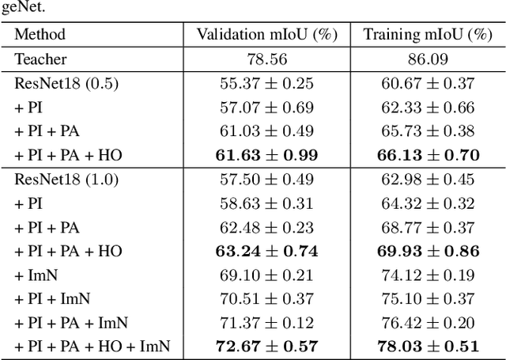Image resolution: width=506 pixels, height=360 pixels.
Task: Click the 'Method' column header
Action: pos(40,34)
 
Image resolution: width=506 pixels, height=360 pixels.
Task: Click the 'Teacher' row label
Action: pos(40,59)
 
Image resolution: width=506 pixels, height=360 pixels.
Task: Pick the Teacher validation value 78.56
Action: pos(266,59)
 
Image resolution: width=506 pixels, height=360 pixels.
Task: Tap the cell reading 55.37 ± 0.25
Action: pos(266,83)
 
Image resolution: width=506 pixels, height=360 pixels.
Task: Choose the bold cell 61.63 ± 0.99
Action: pos(266,155)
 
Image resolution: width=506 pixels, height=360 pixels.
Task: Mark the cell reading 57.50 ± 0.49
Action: pos(266,180)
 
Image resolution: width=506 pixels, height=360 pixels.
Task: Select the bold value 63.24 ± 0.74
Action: pos(266,252)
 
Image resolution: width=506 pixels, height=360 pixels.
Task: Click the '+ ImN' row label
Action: pos(36,275)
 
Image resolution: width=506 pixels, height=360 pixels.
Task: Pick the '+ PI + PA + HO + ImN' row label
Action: pos(92,347)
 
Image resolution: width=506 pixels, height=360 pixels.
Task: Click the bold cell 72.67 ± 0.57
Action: pos(266,347)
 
